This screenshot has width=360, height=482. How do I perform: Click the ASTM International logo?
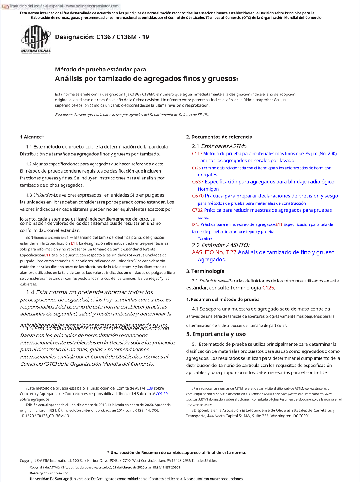pyautogui.click(x=36, y=39)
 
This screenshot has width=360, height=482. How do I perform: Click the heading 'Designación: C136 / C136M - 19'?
pyautogui.click(x=102, y=37)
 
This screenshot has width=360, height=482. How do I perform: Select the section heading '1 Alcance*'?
pyautogui.click(x=32, y=137)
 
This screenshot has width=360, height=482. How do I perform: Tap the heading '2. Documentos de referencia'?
pyautogui.click(x=219, y=137)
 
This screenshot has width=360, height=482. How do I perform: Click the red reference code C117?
pyautogui.click(x=197, y=154)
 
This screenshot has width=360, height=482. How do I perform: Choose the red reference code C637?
pyautogui.click(x=198, y=182)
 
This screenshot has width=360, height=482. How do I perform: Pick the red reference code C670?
pyautogui.click(x=198, y=196)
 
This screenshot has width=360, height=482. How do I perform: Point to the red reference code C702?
pyautogui.click(x=197, y=210)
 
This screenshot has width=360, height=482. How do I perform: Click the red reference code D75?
pyautogui.click(x=196, y=224)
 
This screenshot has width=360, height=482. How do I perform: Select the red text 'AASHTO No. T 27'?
pyautogui.click(x=214, y=252)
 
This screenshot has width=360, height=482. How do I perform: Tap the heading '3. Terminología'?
pyautogui.click(x=205, y=271)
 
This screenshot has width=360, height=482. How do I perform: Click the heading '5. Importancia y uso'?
pyautogui.click(x=216, y=334)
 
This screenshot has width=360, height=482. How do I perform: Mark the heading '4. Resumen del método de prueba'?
pyautogui.click(x=223, y=300)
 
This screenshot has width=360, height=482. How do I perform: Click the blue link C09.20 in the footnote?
pyautogui.click(x=162, y=394)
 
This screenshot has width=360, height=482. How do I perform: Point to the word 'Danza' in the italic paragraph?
pyautogui.click(x=28, y=336)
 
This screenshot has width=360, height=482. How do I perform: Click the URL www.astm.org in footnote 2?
pyautogui.click(x=315, y=388)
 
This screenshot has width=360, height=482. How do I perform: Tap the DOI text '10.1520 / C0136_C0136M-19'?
pyautogui.click(x=45, y=416)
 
